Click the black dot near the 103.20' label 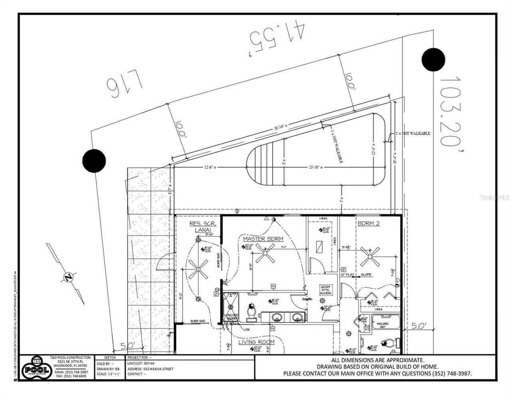coord(433,60)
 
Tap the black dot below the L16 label coord(94,161)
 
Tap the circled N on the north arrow coord(69,277)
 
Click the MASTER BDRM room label coord(263,238)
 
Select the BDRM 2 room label coord(368,223)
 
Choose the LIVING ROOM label coord(256,342)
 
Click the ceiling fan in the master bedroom coord(265,254)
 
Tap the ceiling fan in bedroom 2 coord(369,257)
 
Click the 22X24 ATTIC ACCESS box coord(326,290)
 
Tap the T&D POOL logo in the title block coord(36,368)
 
